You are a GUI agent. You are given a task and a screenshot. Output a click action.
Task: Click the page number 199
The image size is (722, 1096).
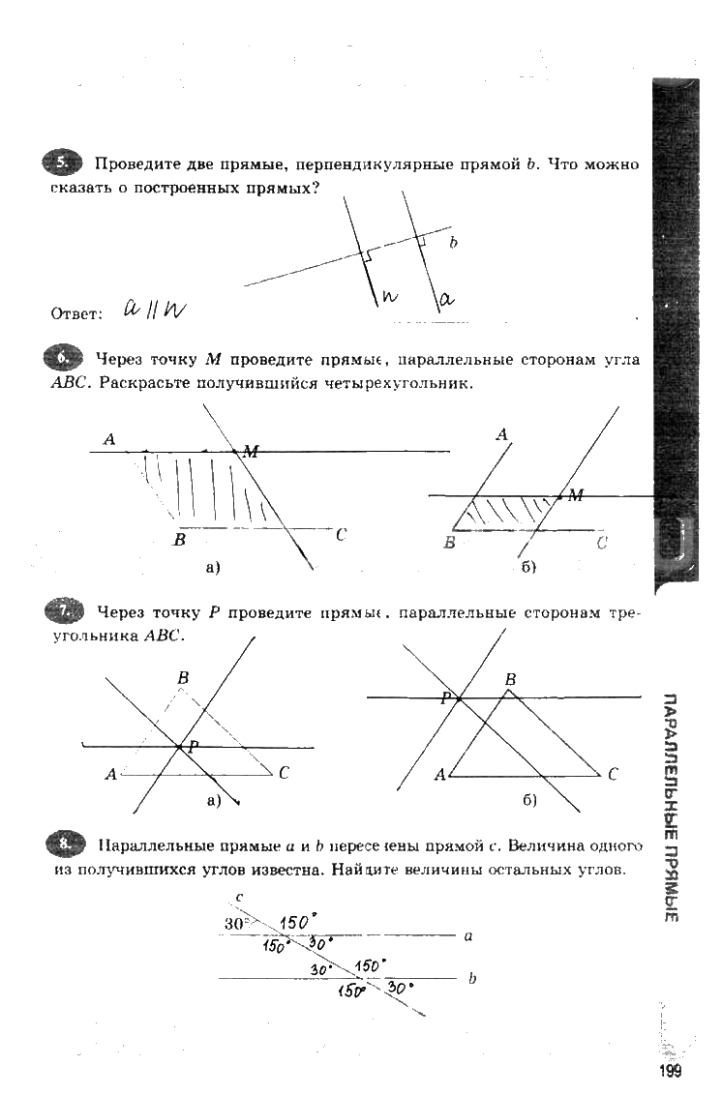click(670, 1071)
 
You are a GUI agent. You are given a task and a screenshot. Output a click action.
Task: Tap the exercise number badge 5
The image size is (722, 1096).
click(65, 163)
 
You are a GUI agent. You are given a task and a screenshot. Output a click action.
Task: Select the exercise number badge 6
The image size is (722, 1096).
click(65, 359)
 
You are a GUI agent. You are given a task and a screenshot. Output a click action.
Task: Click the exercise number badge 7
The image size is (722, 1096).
click(65, 610)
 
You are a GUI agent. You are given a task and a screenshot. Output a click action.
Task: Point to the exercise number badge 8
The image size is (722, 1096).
click(65, 844)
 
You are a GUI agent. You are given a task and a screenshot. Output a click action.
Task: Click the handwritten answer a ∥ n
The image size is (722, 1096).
click(154, 309)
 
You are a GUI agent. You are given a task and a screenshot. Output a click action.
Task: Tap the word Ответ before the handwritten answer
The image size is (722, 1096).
click(75, 313)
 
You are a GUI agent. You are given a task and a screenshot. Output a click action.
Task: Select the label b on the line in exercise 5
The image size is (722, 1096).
click(452, 244)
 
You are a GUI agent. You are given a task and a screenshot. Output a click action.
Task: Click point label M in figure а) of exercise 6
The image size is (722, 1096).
click(251, 451)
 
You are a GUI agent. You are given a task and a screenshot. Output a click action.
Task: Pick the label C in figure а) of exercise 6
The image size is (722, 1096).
click(341, 534)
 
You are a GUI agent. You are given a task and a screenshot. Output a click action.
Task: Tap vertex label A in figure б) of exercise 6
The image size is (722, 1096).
click(501, 436)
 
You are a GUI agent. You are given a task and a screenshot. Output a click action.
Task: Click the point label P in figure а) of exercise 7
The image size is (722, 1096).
click(193, 747)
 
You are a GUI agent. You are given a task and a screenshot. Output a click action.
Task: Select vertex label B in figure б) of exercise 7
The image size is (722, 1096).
click(511, 681)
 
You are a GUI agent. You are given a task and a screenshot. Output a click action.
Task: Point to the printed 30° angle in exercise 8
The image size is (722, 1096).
click(236, 923)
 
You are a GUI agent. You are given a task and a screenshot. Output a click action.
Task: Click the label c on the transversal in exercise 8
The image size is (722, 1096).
click(239, 897)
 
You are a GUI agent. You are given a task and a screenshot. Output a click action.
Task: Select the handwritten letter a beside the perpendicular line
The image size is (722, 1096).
click(446, 301)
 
